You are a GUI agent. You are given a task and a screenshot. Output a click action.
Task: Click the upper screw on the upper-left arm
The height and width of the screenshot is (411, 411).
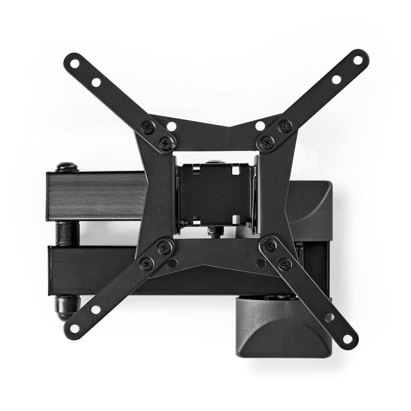pyautogui.click(x=149, y=125)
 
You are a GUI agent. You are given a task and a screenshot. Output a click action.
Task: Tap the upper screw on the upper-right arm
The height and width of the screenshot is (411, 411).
pyautogui.click(x=284, y=124)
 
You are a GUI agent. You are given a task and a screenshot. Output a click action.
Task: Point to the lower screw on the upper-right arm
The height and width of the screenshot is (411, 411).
pyautogui.click(x=266, y=142)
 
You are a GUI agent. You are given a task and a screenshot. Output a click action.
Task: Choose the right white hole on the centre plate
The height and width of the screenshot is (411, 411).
pyautogui.click(x=260, y=126)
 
